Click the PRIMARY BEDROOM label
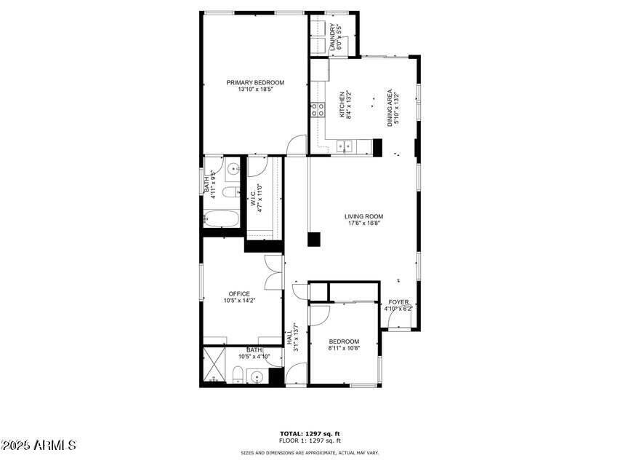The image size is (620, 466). (x=255, y=82)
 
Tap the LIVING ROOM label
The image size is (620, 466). (x=363, y=216)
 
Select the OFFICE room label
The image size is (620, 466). (x=239, y=294)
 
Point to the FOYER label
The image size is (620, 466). (x=398, y=302)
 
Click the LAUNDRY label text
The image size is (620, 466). (x=333, y=36)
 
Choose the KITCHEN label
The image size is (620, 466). (x=342, y=104)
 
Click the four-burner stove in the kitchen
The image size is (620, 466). (x=318, y=110)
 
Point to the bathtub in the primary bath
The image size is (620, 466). (x=219, y=218)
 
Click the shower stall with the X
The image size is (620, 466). (x=214, y=366)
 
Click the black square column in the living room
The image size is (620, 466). (x=314, y=239)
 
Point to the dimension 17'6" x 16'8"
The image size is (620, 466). (x=363, y=224)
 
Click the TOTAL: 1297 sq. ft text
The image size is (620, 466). (x=310, y=434)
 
